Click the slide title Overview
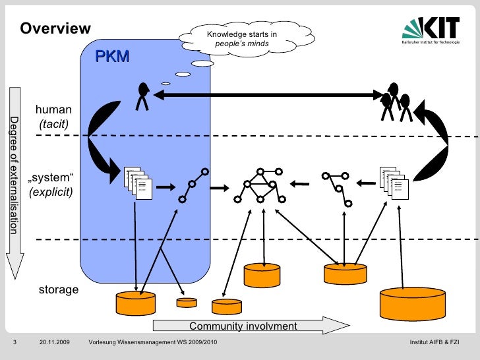(x=55, y=28)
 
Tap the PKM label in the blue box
(x=112, y=57)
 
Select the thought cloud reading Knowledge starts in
(x=241, y=39)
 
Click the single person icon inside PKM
(x=142, y=96)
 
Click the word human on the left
(x=53, y=110)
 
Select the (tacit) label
(x=53, y=124)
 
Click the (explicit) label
(x=51, y=193)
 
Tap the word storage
(x=59, y=289)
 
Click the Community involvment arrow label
(x=243, y=326)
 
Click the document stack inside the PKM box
(x=136, y=182)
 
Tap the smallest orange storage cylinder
(x=187, y=303)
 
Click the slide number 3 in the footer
(x=14, y=343)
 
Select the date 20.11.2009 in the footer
(x=54, y=343)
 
